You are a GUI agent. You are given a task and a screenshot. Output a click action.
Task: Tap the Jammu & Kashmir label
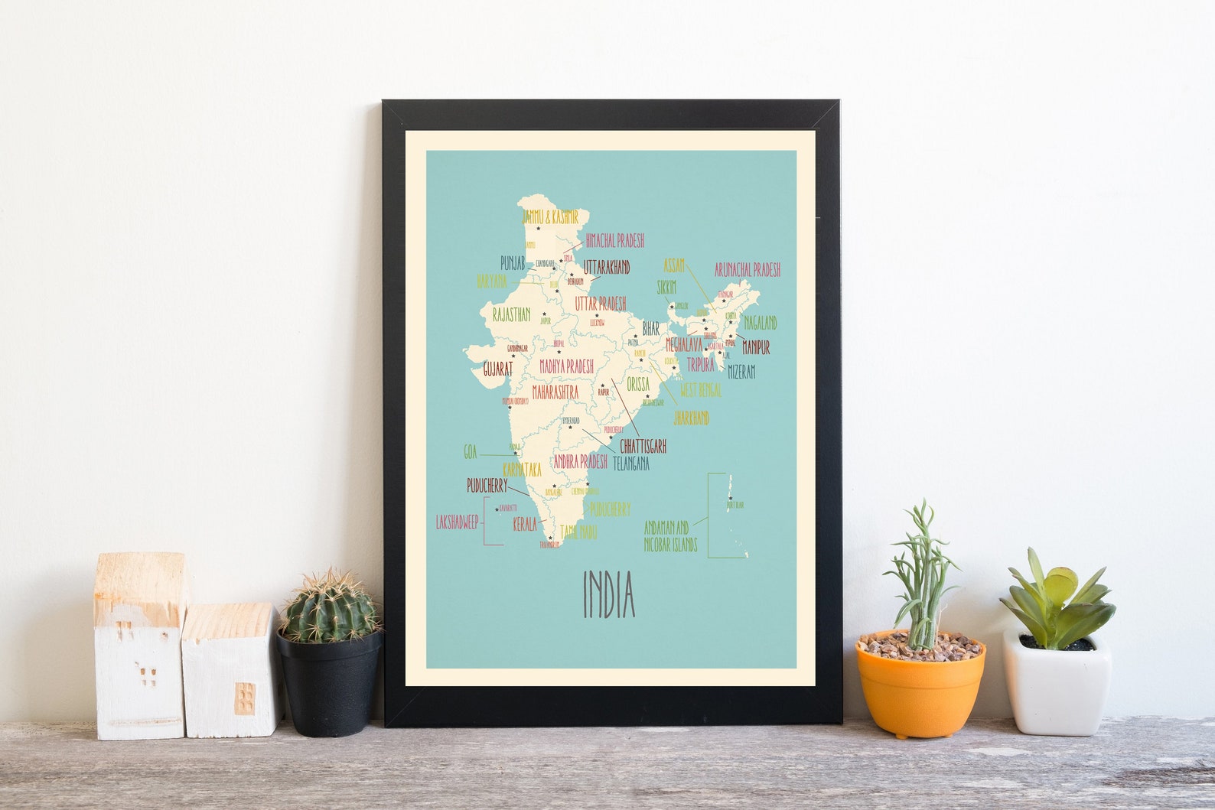pyautogui.click(x=549, y=217)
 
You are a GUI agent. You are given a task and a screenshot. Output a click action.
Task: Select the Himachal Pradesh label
pyautogui.click(x=614, y=241)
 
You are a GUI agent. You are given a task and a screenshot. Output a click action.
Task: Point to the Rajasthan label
pyautogui.click(x=511, y=314)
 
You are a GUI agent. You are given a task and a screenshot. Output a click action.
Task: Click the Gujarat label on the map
pyautogui.click(x=497, y=369)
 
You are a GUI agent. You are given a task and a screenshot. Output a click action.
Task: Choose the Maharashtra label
pyautogui.click(x=555, y=392)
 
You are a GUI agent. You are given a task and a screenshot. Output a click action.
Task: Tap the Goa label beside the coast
pyautogui.click(x=470, y=453)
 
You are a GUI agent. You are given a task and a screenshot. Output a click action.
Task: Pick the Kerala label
pyautogui.click(x=525, y=525)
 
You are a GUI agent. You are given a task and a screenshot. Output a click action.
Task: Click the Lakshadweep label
pyautogui.click(x=457, y=522)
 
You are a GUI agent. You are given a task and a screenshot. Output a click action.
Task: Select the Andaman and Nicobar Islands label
pyautogui.click(x=670, y=536)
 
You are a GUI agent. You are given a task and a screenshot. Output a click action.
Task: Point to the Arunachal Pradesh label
pyautogui.click(x=747, y=270)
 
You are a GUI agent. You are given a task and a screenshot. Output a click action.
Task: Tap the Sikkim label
pyautogui.click(x=666, y=287)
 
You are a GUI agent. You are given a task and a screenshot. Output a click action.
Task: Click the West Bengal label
pyautogui.click(x=700, y=390)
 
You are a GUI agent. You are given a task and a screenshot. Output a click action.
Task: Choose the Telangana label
pyautogui.click(x=630, y=464)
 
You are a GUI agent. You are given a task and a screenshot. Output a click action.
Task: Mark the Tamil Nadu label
pyautogui.click(x=578, y=532)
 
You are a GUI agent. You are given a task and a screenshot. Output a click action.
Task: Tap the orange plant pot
pyautogui.click(x=920, y=687)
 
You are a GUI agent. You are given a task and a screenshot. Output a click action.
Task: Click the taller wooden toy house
pyautogui.click(x=139, y=646)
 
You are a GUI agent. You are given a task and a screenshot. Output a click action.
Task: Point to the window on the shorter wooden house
pyautogui.click(x=244, y=697)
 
